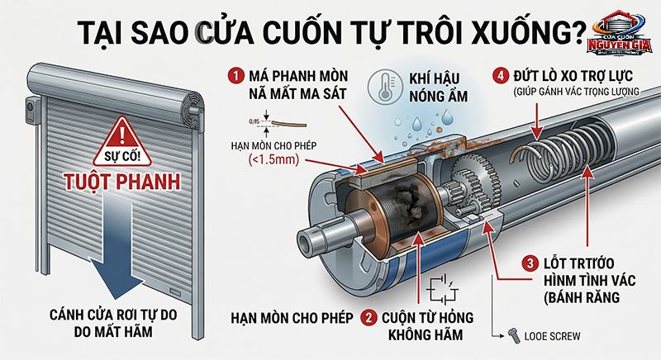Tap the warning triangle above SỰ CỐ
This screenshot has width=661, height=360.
click(123, 132)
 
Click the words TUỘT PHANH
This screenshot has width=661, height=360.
click(123, 180)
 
